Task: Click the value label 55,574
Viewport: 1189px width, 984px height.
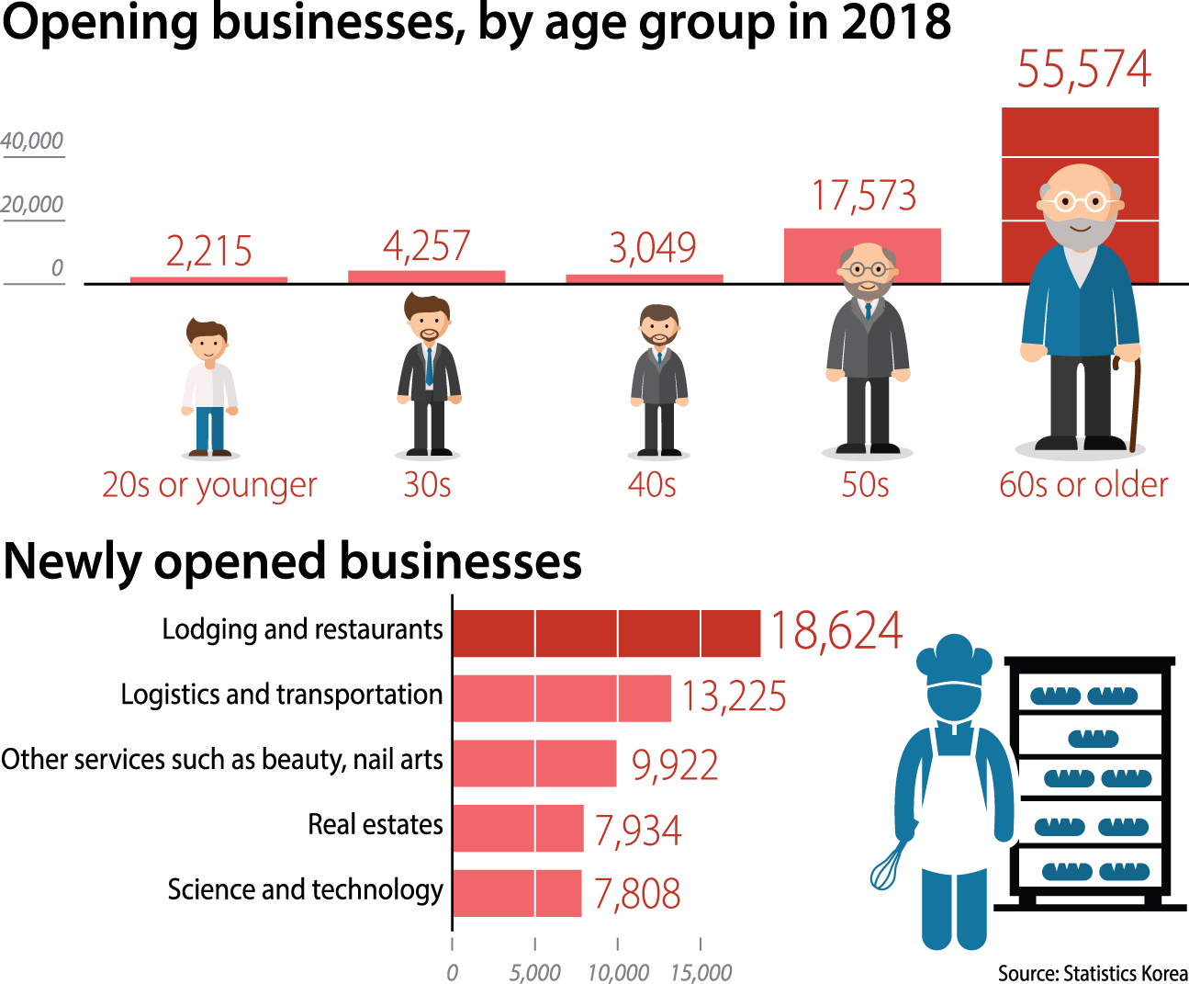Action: [x=1083, y=70]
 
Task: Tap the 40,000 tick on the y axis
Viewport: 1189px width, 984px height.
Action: [x=32, y=141]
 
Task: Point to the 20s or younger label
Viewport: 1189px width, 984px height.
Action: [x=209, y=485]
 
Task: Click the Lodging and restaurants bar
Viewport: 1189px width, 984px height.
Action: [x=606, y=633]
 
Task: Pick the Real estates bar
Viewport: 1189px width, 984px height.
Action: [x=518, y=828]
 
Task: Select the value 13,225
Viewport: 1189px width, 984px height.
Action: [x=734, y=696]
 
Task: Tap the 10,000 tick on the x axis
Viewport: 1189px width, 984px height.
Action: [x=618, y=971]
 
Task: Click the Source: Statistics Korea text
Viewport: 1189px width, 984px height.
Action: [x=1093, y=973]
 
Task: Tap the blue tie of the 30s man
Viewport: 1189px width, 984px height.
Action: [x=429, y=367]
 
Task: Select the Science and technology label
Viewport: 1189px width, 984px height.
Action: [x=305, y=889]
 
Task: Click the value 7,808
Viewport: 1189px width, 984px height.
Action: [x=637, y=894]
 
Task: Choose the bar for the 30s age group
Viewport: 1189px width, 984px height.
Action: [x=426, y=277]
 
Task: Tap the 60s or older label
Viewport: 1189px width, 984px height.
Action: [x=1083, y=484]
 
